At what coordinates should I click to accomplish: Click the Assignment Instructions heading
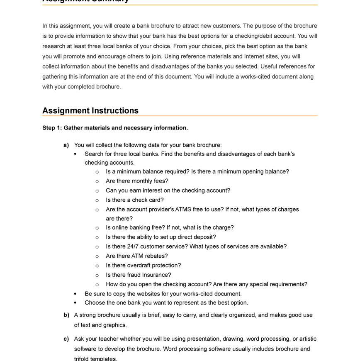point(90,111)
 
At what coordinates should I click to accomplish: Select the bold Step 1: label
point(52,128)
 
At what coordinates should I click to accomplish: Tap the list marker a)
point(66,145)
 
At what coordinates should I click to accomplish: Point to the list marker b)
point(66,315)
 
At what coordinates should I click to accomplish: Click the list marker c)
point(66,339)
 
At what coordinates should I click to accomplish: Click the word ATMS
point(184,210)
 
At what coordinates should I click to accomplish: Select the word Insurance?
point(156,275)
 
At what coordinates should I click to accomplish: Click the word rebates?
point(156,256)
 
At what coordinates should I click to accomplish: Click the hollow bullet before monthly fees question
point(97,181)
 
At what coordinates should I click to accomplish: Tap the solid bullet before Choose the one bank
point(75,303)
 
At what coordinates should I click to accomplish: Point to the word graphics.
point(115,325)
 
